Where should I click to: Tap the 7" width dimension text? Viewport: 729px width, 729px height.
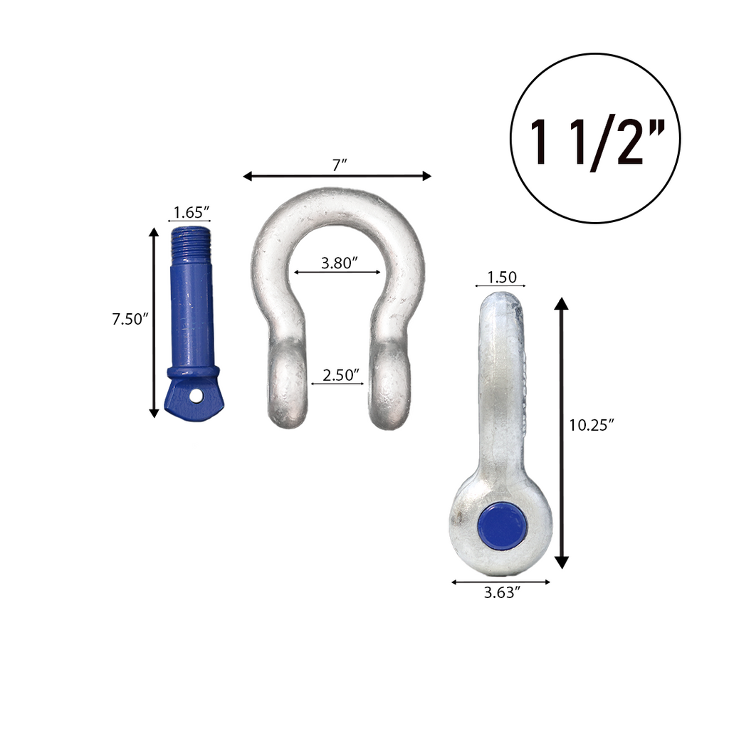[340, 164]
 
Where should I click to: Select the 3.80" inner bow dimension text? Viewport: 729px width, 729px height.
[339, 263]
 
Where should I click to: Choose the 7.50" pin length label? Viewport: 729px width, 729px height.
[129, 319]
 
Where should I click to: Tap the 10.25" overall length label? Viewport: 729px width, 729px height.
[592, 425]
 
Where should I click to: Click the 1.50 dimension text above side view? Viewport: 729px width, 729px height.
[501, 277]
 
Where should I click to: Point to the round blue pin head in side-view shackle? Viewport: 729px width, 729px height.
[502, 525]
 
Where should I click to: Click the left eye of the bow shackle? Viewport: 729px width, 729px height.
[288, 384]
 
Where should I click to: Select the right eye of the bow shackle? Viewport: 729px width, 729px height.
[389, 384]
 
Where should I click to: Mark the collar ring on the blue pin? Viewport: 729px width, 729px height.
[194, 372]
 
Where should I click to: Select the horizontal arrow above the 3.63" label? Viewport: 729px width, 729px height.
[501, 582]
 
